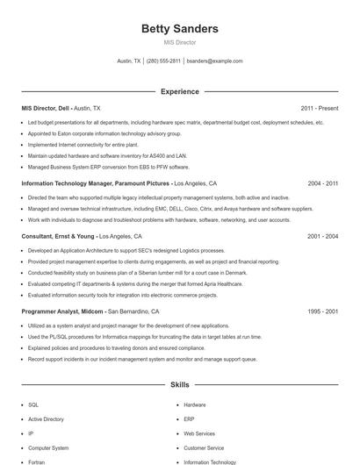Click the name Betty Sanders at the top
click(x=179, y=29)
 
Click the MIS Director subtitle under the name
click(x=179, y=42)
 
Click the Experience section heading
click(x=179, y=91)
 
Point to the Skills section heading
click(x=179, y=384)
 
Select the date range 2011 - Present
click(x=319, y=108)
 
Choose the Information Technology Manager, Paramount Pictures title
click(x=96, y=183)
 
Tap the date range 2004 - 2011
click(x=323, y=183)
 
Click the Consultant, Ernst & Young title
click(x=58, y=236)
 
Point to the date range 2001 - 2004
click(x=323, y=236)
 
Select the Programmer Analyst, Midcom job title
click(x=63, y=311)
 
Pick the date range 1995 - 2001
click(x=323, y=311)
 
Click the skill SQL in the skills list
click(x=33, y=405)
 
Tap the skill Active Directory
click(x=46, y=419)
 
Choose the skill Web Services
click(x=199, y=433)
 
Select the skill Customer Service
click(x=204, y=447)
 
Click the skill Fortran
click(x=37, y=461)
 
